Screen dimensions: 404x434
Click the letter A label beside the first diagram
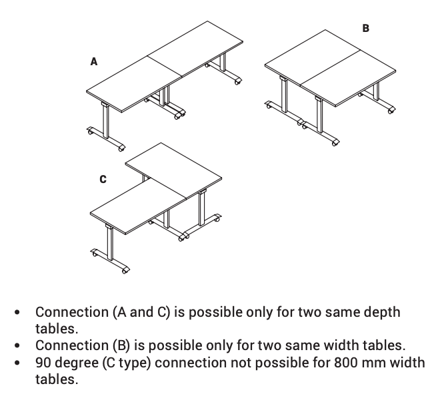(x=94, y=61)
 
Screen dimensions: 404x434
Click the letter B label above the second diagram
(x=365, y=28)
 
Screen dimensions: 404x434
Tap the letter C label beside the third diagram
(x=102, y=178)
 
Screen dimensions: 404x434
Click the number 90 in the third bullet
(x=44, y=363)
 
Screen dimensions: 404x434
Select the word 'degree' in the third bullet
(x=82, y=363)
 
